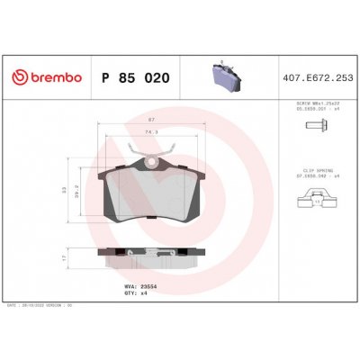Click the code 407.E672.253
(319, 78)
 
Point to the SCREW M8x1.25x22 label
(320, 105)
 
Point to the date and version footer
(63, 306)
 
